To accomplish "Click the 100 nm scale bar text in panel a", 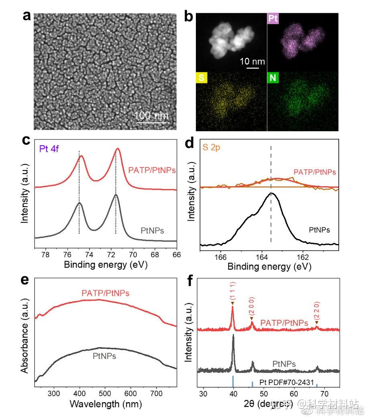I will tap(151, 116).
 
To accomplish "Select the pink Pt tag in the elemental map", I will tap(273, 18).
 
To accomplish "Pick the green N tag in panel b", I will tap(273, 77).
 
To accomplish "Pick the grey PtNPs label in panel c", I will tap(154, 230).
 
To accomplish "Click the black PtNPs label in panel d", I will tap(319, 230).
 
